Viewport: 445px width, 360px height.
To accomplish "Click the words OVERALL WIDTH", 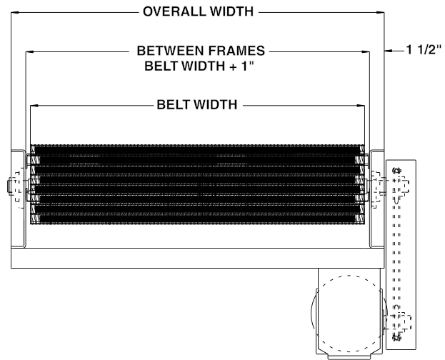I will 199,12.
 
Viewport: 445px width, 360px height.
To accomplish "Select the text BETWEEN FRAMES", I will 201,51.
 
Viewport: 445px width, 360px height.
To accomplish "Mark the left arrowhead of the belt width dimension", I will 34,106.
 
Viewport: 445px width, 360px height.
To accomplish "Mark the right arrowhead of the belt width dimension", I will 361,106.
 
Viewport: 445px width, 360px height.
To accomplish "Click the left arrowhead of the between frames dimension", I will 29,51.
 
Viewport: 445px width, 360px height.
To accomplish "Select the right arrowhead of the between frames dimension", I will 366,51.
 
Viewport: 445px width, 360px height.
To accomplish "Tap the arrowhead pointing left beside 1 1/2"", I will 389,51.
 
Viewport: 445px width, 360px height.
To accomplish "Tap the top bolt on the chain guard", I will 397,171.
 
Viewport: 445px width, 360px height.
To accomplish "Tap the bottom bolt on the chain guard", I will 397,334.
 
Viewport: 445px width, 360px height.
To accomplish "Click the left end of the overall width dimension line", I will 12,12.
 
